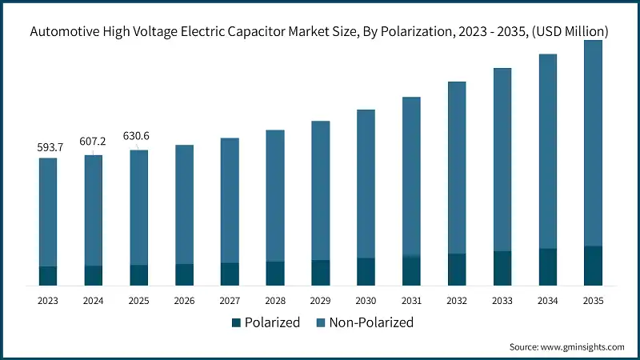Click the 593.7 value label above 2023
point(48,147)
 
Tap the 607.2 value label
point(93,142)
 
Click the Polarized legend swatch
point(236,323)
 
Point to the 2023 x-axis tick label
point(48,301)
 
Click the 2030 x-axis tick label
point(366,301)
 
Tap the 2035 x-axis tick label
point(593,301)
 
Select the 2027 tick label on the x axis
point(230,301)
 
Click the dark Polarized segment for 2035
point(593,266)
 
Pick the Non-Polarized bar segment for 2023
point(48,212)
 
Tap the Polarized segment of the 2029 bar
point(320,273)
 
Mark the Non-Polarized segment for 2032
point(457,168)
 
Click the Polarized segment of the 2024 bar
point(93,275)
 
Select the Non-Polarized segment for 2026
point(184,204)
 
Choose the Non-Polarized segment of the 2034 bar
point(547,152)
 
